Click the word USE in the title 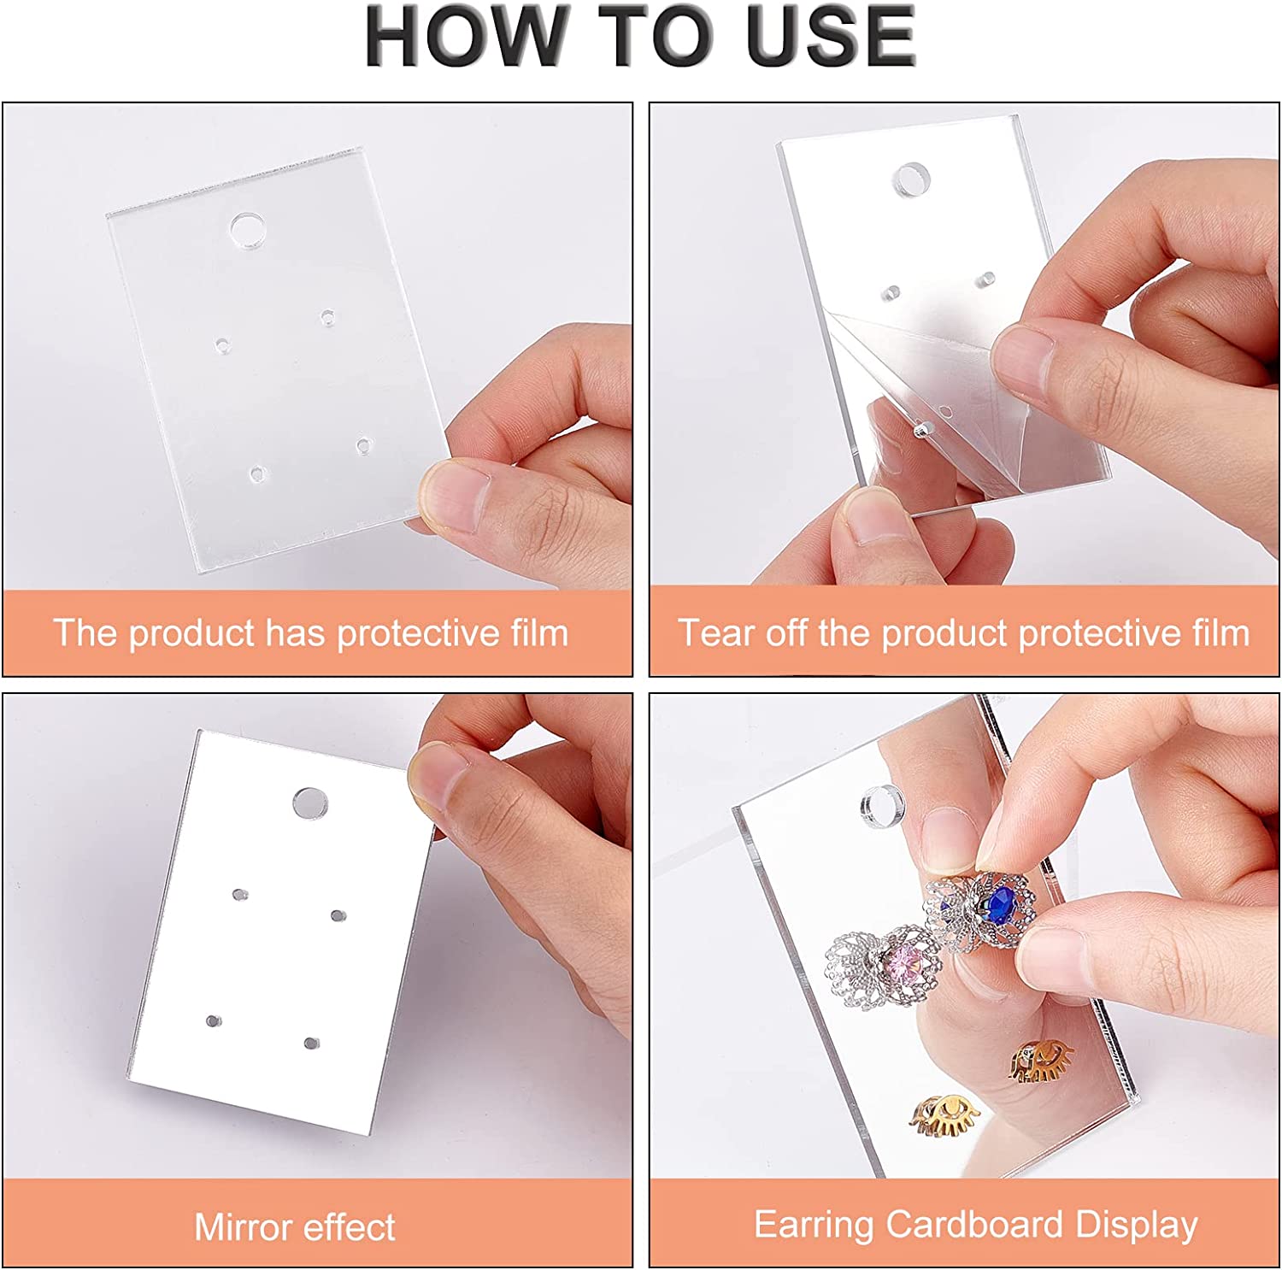[830, 36]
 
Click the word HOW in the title [466, 36]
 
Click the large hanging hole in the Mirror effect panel [311, 803]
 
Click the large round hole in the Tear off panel [911, 179]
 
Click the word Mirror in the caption [244, 1227]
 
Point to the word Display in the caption [1136, 1226]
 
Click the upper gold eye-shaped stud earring [1039, 1061]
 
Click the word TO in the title [657, 36]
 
